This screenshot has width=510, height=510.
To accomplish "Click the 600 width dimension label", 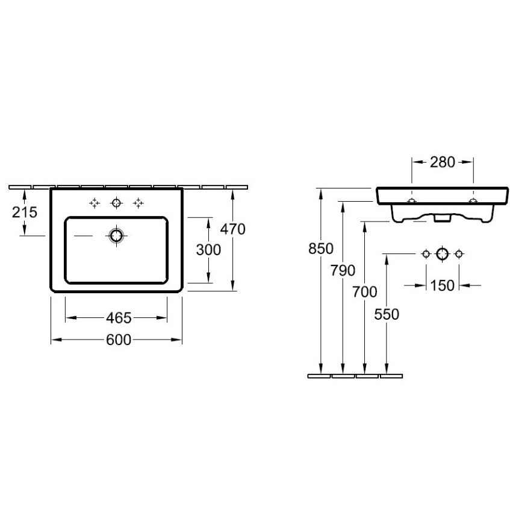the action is (119, 340).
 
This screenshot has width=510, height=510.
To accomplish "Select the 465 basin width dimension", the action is (119, 318).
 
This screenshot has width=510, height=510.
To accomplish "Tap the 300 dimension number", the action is (208, 250).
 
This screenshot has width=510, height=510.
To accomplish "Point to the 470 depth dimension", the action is (232, 229).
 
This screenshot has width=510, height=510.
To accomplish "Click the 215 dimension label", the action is (25, 213).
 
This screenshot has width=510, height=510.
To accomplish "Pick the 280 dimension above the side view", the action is (443, 162).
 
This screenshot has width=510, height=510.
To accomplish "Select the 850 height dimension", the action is (321, 249).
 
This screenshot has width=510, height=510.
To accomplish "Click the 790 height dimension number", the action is (343, 270).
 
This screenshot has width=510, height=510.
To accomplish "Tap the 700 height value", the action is (365, 292).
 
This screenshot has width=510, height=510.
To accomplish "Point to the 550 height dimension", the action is (387, 314).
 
